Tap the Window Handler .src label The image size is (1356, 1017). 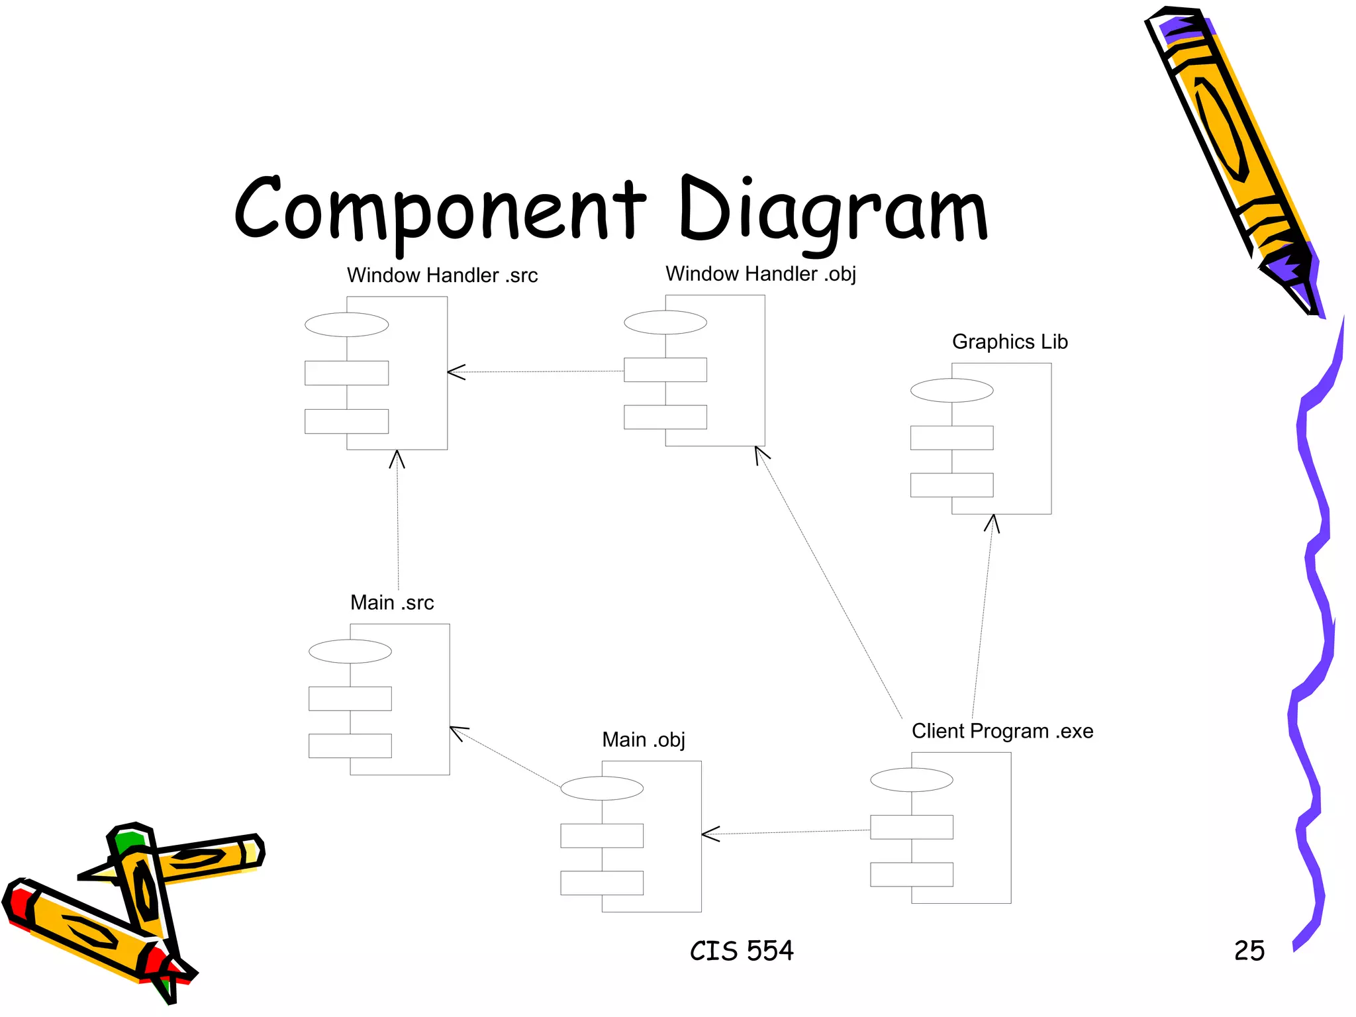[x=442, y=275]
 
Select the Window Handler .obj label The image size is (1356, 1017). [x=760, y=274]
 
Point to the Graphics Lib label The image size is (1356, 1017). [x=1009, y=342]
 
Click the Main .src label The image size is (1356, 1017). [x=391, y=603]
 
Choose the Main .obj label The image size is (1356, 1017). [x=643, y=740]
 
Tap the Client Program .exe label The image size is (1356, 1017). [x=1002, y=732]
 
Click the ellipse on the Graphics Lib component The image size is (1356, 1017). [x=951, y=391]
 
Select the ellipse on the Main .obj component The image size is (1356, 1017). [x=601, y=789]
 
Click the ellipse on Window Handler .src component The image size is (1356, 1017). [x=346, y=325]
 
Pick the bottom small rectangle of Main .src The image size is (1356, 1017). [x=350, y=746]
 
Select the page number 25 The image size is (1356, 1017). [x=1249, y=951]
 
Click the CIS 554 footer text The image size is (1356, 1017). [x=741, y=951]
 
